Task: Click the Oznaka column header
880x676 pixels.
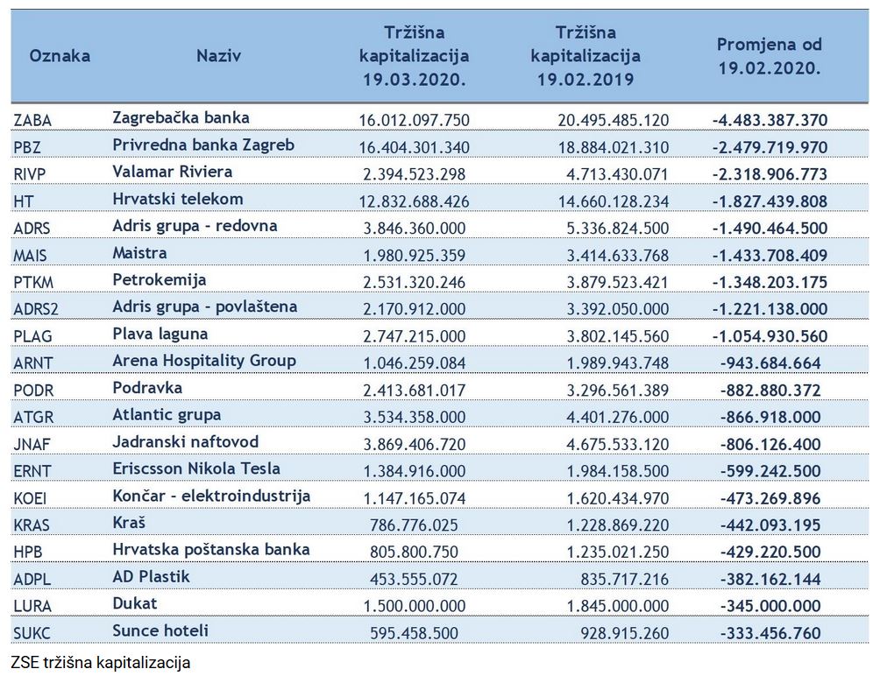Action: (x=60, y=55)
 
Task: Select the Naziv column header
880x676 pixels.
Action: (x=218, y=55)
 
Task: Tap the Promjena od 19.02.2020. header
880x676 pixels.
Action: (x=770, y=56)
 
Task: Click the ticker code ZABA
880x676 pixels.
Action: (x=32, y=121)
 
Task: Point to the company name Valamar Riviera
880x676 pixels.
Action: (x=173, y=172)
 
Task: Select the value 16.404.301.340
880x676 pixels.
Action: (x=415, y=147)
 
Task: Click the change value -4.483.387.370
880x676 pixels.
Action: (x=770, y=120)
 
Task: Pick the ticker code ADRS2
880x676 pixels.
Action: (x=36, y=309)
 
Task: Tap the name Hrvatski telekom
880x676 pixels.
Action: (x=178, y=199)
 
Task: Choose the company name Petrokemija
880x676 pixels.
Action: (x=160, y=279)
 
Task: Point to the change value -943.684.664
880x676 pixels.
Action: (x=770, y=363)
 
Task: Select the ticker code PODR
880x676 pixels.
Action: (x=33, y=391)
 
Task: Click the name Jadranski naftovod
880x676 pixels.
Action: (x=186, y=441)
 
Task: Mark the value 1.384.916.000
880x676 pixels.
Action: (x=415, y=471)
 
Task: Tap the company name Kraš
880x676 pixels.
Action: (x=129, y=523)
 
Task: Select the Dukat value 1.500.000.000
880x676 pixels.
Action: (x=415, y=606)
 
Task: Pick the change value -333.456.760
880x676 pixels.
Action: (x=770, y=633)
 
